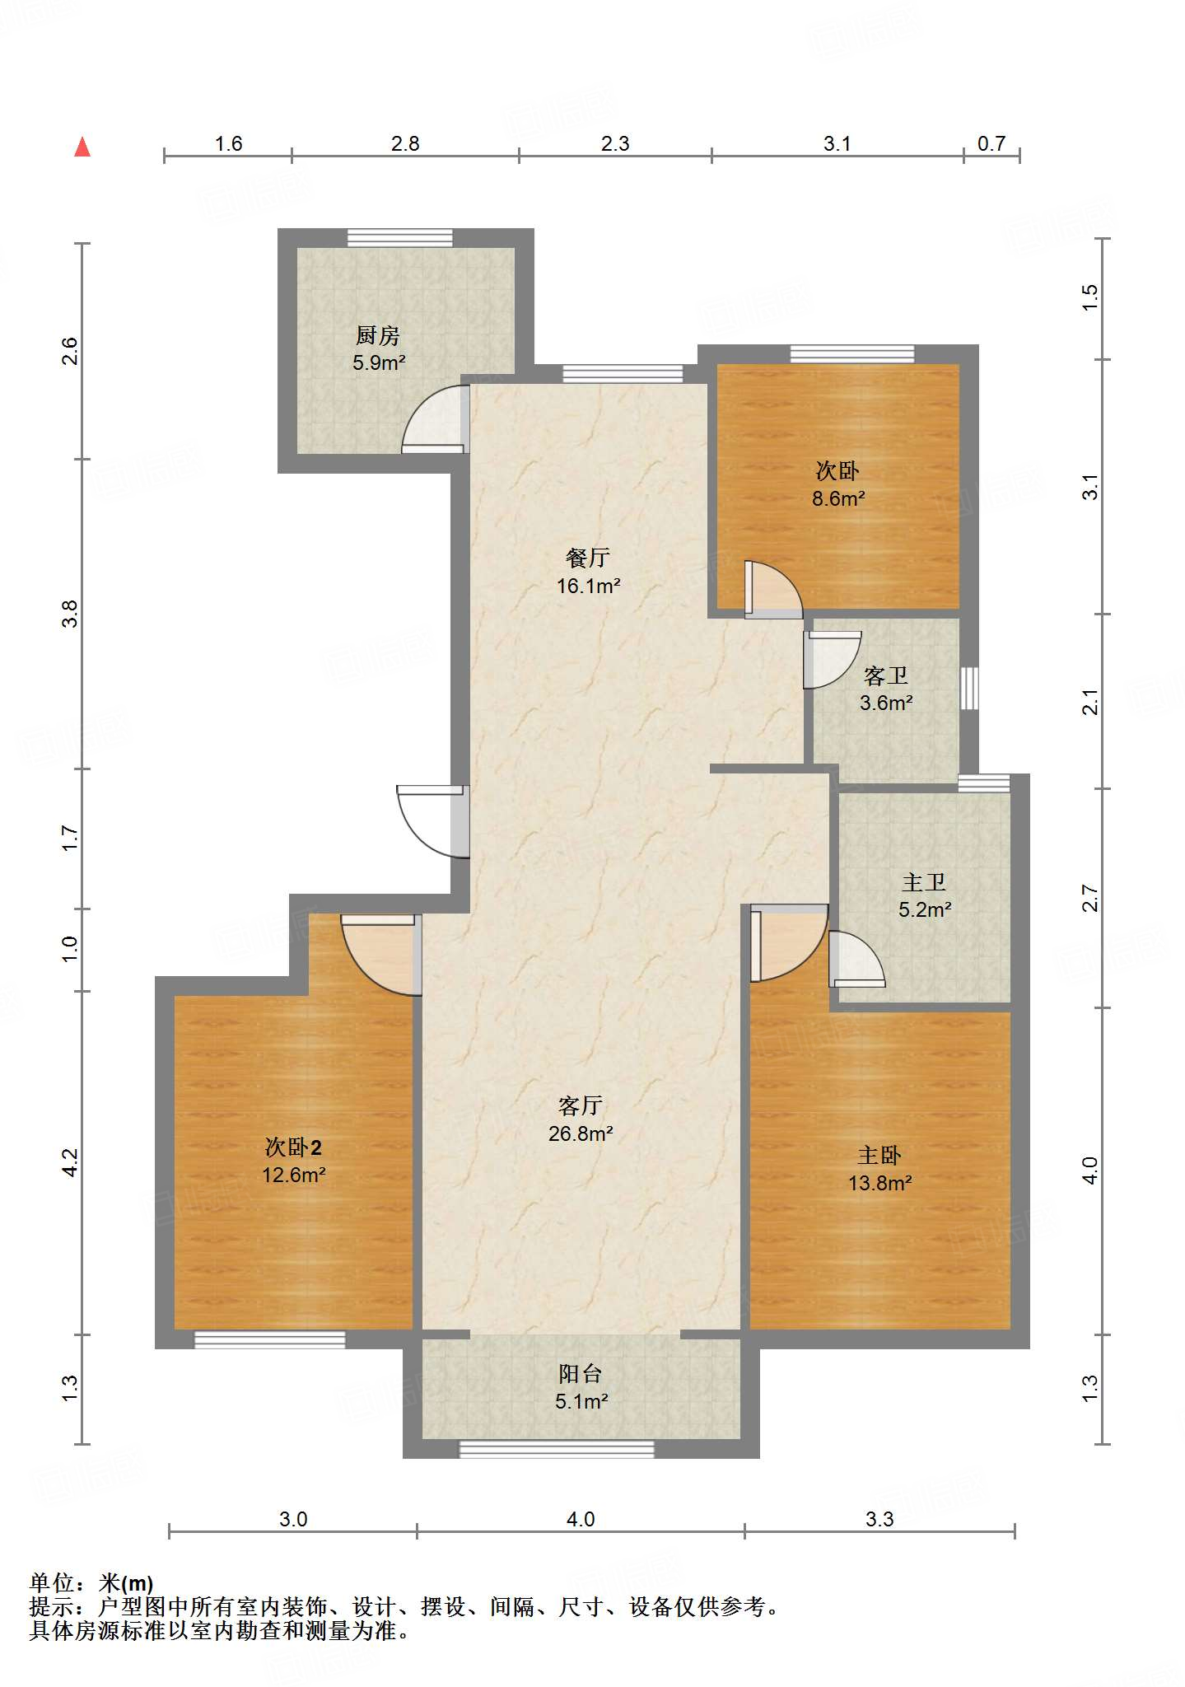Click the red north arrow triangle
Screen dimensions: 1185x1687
(82, 147)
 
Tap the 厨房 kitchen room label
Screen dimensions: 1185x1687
(378, 335)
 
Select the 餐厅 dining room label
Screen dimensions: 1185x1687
(588, 558)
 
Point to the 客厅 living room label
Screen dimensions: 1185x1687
(581, 1105)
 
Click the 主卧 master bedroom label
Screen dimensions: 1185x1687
(879, 1155)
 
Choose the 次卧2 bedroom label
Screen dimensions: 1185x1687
(293, 1147)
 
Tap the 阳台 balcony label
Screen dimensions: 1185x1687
(581, 1373)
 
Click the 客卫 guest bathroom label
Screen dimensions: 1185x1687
(886, 675)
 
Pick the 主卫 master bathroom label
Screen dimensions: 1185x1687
(924, 882)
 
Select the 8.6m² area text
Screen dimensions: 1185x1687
(838, 498)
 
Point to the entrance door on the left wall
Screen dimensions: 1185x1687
(433, 821)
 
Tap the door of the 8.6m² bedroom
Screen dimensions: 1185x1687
(773, 589)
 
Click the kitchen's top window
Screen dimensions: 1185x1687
(399, 237)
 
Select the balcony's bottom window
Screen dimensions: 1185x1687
(557, 1449)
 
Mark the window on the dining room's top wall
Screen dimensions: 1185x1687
(623, 374)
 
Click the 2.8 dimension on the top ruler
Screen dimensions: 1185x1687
(405, 143)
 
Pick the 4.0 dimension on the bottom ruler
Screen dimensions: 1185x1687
(581, 1519)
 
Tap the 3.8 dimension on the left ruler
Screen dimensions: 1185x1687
(70, 614)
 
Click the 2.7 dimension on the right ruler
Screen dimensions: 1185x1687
(1090, 898)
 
